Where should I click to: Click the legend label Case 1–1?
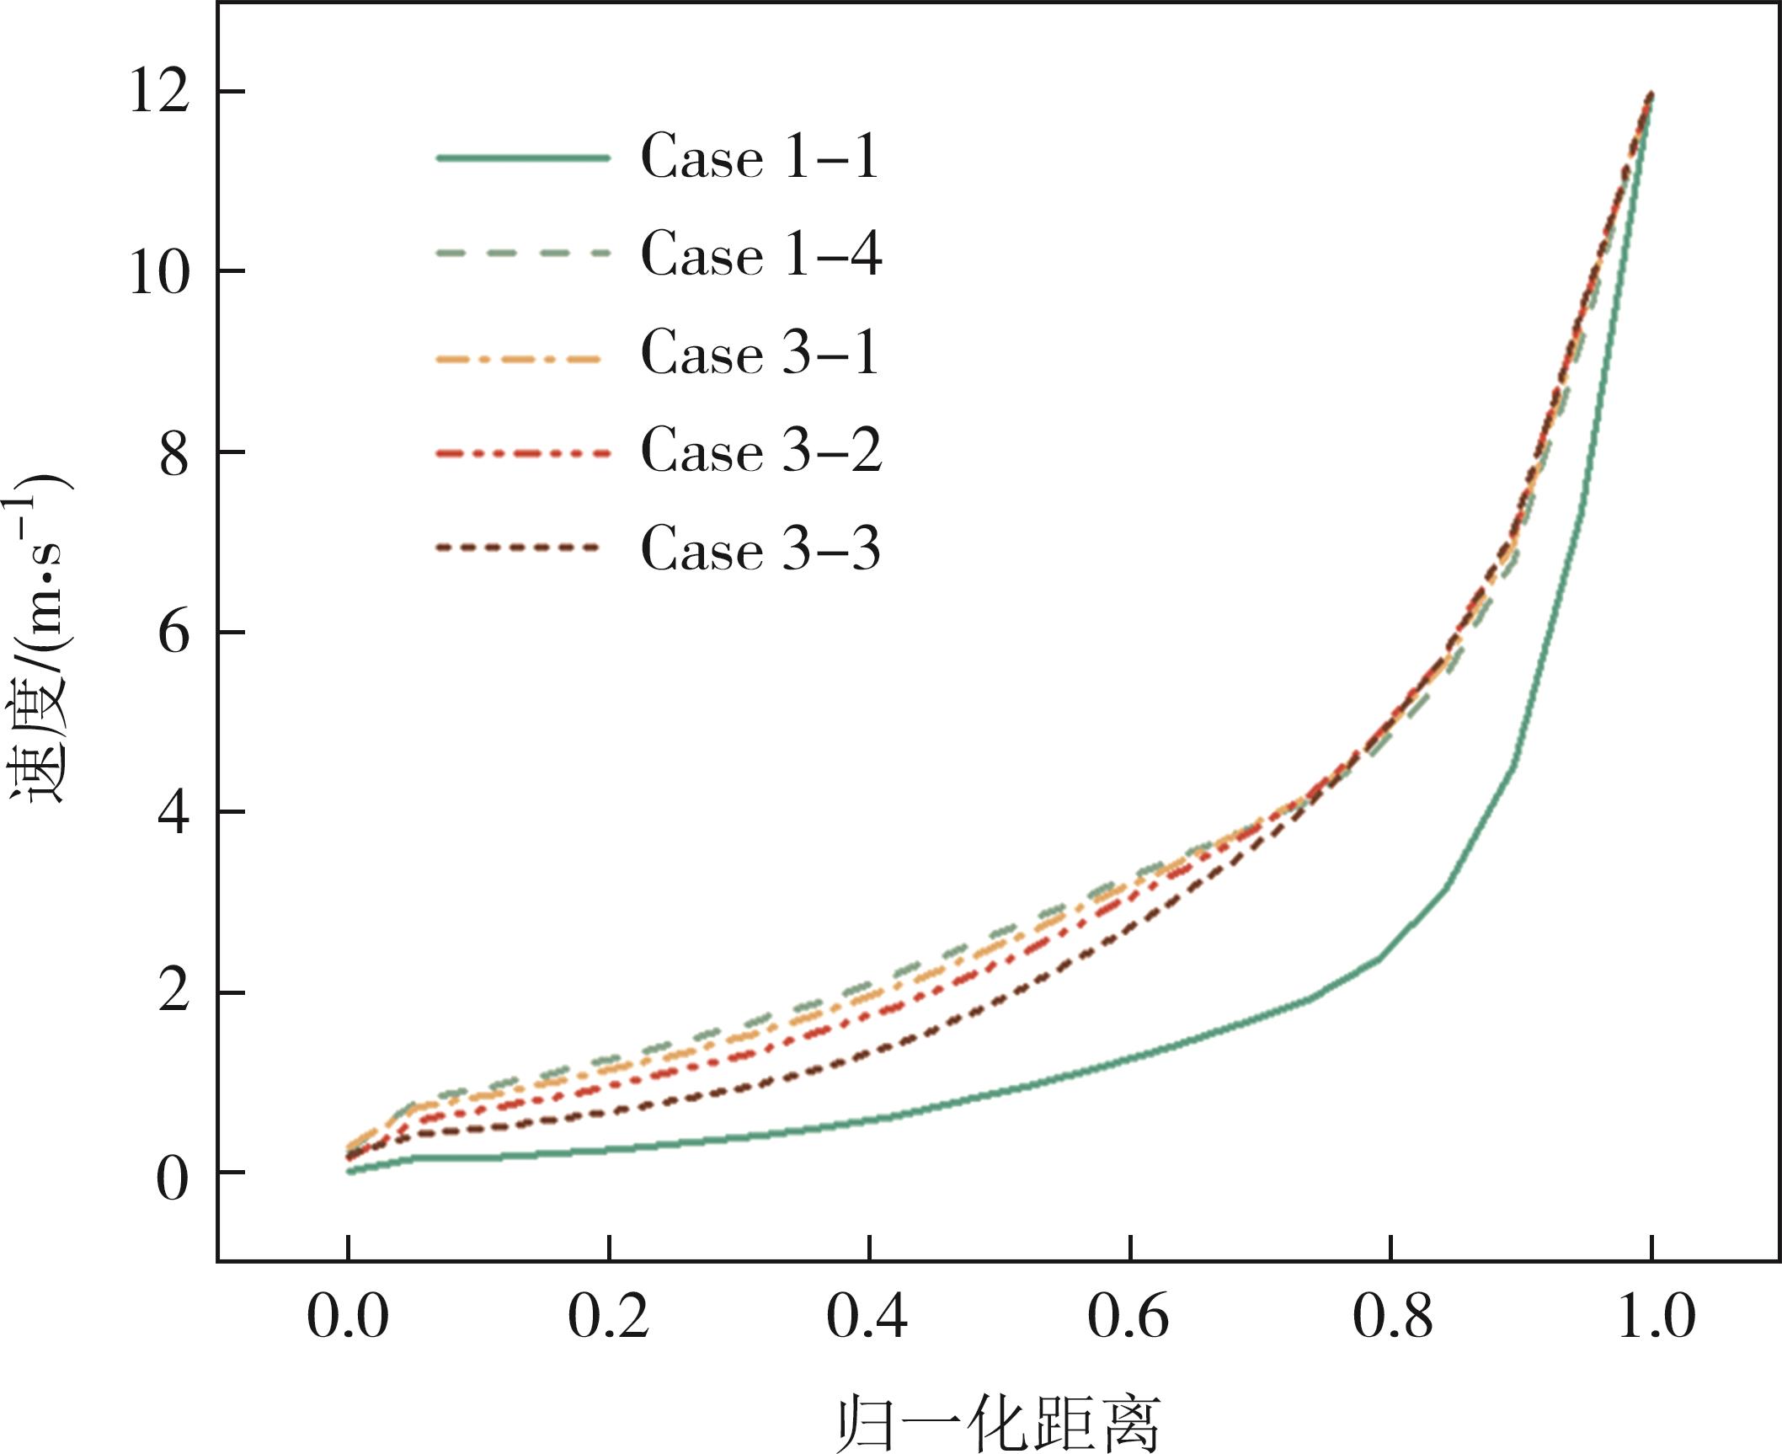[760, 157]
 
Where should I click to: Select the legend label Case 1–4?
[761, 254]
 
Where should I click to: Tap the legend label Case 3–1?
[760, 352]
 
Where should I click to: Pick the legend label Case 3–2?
[761, 451]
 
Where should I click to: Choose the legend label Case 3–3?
[760, 548]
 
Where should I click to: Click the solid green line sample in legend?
[522, 158]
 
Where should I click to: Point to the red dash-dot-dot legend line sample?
[522, 453]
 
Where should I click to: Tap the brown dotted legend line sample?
[519, 548]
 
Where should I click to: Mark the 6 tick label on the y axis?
[173, 633]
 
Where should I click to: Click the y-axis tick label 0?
[173, 1179]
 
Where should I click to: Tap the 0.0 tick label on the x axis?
[347, 1316]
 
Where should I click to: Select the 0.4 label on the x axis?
[867, 1316]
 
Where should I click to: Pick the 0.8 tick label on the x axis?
[1391, 1316]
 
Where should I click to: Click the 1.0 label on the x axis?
[1656, 1316]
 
